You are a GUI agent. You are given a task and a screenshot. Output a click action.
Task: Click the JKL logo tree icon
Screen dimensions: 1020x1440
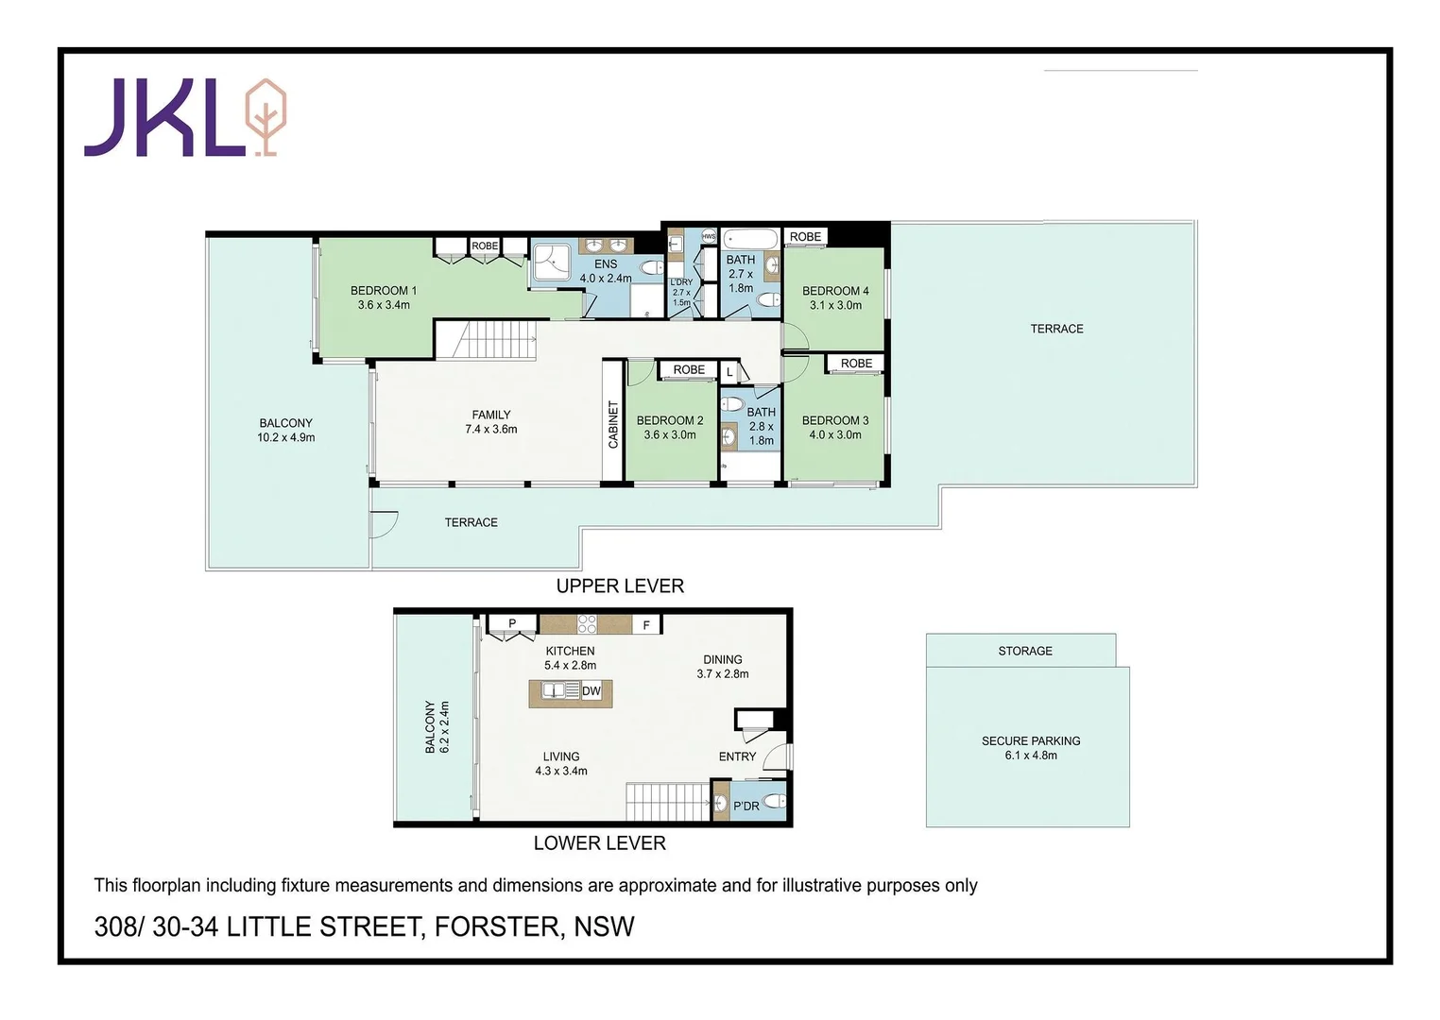tap(266, 117)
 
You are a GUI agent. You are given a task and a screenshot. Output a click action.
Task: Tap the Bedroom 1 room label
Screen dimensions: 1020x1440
tap(383, 291)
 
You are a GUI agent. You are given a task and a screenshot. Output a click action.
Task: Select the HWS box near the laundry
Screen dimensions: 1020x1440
tap(709, 236)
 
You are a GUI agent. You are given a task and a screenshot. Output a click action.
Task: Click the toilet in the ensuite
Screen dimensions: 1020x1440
tap(651, 269)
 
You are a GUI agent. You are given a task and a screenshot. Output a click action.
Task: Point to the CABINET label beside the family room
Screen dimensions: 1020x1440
tap(613, 424)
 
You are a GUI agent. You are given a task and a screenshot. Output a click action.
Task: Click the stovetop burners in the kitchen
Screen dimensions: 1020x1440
tap(587, 624)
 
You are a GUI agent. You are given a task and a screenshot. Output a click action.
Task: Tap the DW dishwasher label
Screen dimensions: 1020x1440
tap(591, 691)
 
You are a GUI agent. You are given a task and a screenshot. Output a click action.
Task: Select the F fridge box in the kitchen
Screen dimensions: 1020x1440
tap(646, 625)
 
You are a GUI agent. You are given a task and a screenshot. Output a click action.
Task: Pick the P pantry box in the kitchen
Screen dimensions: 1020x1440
tap(512, 623)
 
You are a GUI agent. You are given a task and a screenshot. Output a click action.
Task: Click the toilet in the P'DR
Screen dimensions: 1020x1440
tap(774, 803)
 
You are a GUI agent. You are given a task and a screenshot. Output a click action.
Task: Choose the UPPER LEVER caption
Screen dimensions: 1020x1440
tap(620, 586)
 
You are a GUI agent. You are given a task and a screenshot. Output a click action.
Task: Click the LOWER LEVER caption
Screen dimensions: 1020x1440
tap(599, 843)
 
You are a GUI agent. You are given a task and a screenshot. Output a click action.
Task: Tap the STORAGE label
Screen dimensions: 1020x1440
tap(1025, 651)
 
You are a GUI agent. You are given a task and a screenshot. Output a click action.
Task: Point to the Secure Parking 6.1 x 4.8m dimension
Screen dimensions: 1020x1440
tap(1031, 756)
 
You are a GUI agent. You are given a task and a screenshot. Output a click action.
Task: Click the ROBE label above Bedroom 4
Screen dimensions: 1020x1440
tap(805, 237)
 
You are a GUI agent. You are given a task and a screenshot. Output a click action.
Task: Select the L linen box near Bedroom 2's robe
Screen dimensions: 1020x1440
tap(729, 373)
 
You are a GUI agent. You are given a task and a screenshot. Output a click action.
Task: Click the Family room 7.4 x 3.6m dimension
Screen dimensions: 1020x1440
tap(491, 430)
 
